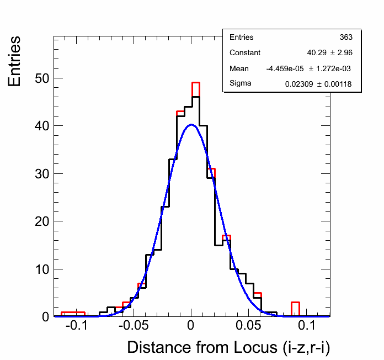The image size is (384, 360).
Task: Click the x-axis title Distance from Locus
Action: pyautogui.click(x=228, y=347)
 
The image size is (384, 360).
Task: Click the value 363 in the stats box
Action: pyautogui.click(x=346, y=38)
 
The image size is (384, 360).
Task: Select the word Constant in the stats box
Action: pyautogui.click(x=245, y=53)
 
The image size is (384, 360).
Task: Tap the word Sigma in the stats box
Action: pyautogui.click(x=240, y=84)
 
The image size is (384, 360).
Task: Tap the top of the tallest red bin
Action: pyautogui.click(x=195, y=83)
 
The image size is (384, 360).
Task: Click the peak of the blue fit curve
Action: pyautogui.click(x=191, y=125)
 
